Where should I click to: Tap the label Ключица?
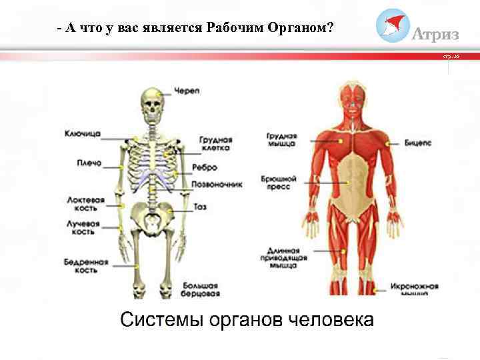(x=83, y=133)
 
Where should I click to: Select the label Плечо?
(x=83, y=161)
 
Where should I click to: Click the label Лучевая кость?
(x=82, y=228)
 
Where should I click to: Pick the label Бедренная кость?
(x=85, y=267)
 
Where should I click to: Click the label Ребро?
(x=205, y=167)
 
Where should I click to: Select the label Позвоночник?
(x=217, y=184)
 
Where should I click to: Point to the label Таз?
(x=200, y=207)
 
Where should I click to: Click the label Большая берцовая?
(x=201, y=288)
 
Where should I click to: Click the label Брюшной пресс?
(x=281, y=184)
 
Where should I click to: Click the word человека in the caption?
(x=331, y=319)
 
